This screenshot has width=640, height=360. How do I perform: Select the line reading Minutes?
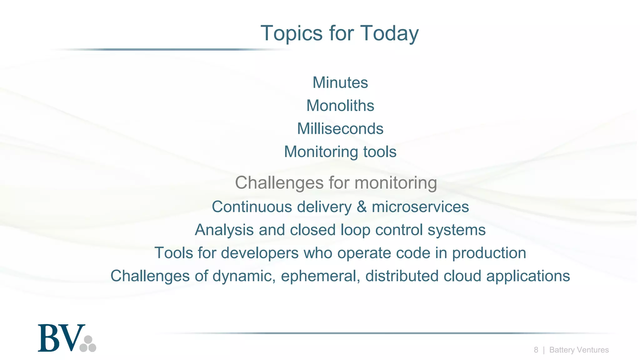[340, 83]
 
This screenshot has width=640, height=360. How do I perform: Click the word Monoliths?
[340, 106]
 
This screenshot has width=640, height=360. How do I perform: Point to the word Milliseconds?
[340, 129]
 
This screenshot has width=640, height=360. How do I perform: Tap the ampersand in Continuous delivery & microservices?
[362, 207]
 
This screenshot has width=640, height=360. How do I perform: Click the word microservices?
[420, 207]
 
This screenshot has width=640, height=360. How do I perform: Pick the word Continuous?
[252, 207]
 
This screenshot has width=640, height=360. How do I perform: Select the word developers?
[260, 253]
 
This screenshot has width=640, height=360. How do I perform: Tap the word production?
[489, 253]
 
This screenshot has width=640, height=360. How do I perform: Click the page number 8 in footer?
[536, 350]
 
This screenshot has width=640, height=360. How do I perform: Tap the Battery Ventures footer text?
[579, 350]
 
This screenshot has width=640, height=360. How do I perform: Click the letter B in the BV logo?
[49, 338]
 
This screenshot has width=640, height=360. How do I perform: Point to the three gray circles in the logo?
[88, 344]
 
